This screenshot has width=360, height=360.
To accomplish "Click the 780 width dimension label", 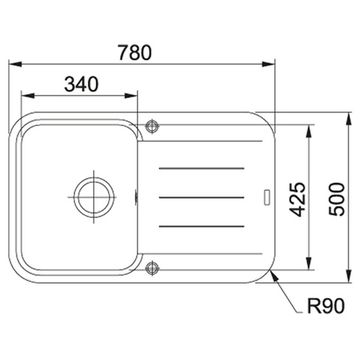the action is tap(135, 53).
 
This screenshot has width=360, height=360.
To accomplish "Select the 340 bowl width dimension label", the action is tap(81, 84).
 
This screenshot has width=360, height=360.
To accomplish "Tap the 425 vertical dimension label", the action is tap(297, 199).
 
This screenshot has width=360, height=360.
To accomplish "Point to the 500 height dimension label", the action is tap(337, 199).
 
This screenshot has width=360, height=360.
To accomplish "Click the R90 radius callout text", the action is tap(325, 307).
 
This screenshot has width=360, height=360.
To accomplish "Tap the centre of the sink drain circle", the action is tap(94, 197).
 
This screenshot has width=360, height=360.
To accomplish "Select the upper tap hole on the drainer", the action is tap(152, 126).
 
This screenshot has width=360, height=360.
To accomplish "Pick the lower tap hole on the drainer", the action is tap(152, 267).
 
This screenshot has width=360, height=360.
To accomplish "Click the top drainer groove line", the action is tap(201, 168).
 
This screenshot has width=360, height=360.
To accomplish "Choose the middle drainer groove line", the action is tap(201, 197).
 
